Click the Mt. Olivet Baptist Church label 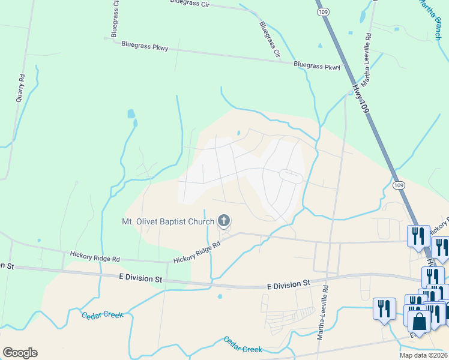[168, 222]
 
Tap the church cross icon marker [224, 222]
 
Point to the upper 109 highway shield [324, 11]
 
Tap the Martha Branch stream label [432, 18]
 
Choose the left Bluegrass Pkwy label [145, 45]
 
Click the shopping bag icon [420, 321]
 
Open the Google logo [20, 353]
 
